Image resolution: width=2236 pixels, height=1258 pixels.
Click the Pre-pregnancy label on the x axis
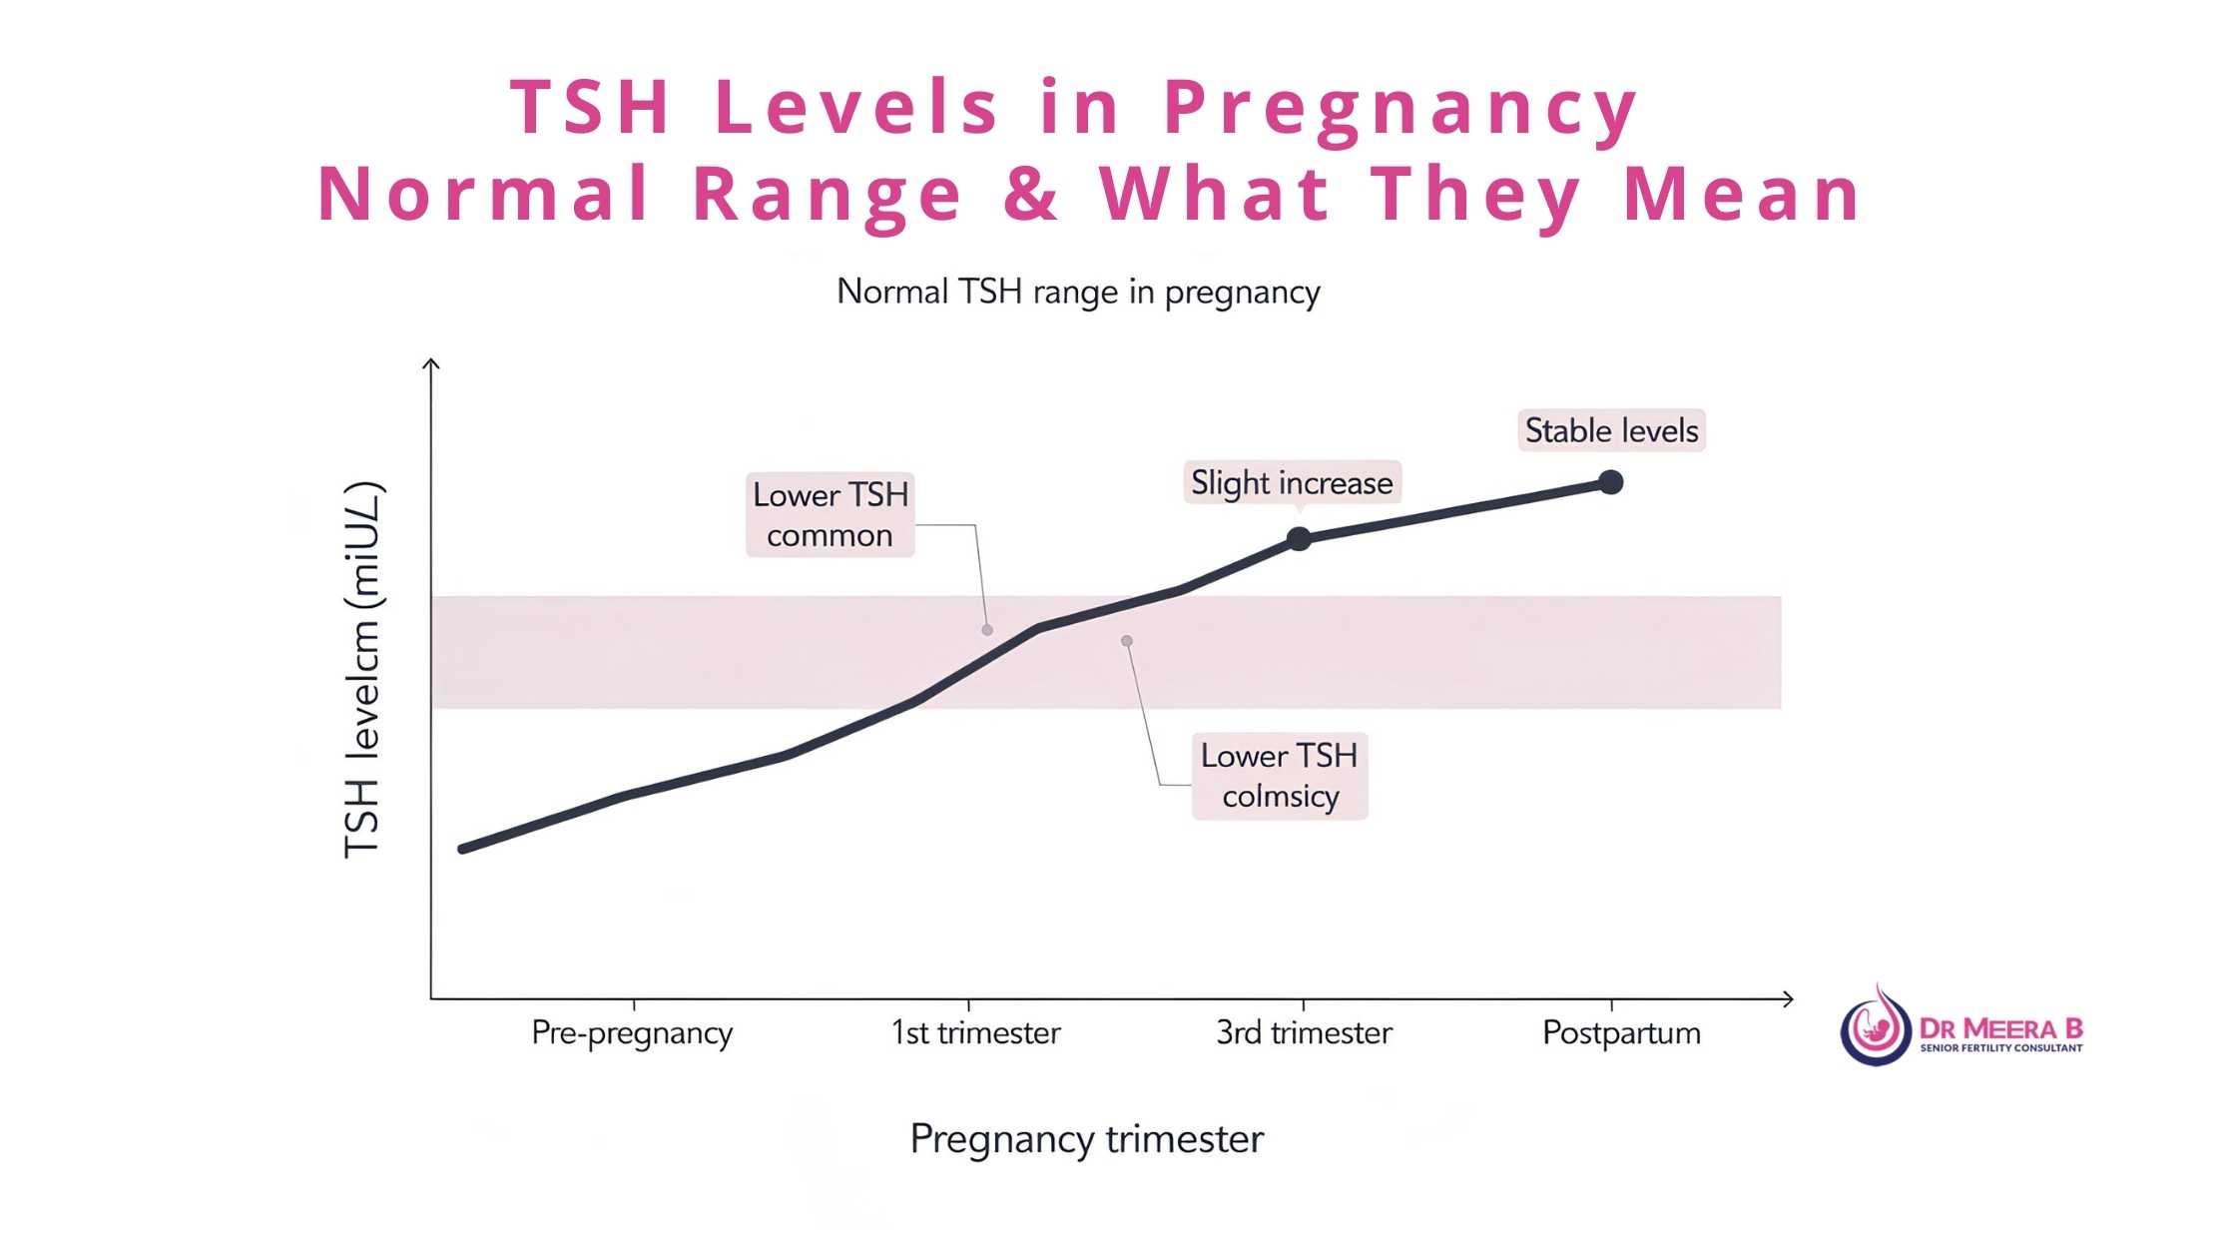pos(632,1032)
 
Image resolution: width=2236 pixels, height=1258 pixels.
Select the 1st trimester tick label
pos(975,1032)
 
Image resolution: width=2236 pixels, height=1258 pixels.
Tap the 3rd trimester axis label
pos(1304,1032)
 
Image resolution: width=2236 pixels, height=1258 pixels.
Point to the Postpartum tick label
pos(1621,1032)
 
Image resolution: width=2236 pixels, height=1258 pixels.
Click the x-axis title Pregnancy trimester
pos(1086,1139)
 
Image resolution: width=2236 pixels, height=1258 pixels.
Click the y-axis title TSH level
pos(362,670)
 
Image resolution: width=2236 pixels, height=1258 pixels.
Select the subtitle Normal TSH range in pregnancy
pos(1078,292)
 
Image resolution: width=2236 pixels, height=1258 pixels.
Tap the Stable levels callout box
pos(1611,430)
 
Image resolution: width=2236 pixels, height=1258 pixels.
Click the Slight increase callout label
pos(1292,483)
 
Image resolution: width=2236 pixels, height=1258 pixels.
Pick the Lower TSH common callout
pos(830,514)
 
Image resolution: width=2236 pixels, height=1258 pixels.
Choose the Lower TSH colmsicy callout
pos(1279,776)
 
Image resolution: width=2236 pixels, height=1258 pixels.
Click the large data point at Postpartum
pos(1610,482)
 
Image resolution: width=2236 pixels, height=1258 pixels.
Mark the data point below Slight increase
pos(1298,539)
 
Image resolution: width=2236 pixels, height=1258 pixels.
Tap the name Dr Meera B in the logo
pos(2000,1027)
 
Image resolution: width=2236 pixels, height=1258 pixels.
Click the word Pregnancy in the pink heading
pos(1399,108)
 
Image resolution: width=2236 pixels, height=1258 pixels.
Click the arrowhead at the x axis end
pos(1787,998)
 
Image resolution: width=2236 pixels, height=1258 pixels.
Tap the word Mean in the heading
pos(1742,194)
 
